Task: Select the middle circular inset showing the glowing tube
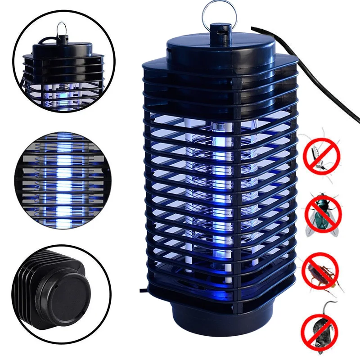[63, 180]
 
